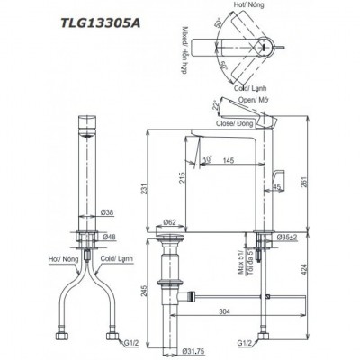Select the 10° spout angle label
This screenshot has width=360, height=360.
coord(208,160)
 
